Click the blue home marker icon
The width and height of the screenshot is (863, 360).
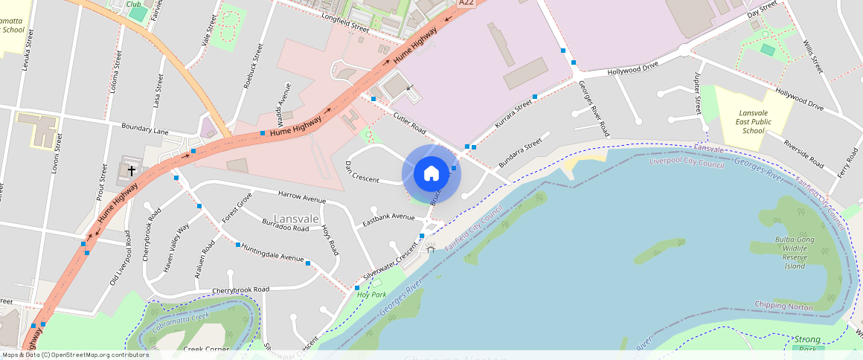point(431,173)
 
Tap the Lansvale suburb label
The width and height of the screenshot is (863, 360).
point(296,219)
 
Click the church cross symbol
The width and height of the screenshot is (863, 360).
point(132,171)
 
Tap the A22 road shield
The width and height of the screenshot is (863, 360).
point(466,3)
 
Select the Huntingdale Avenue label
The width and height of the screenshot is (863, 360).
point(273,254)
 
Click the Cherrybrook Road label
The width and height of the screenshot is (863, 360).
point(240,289)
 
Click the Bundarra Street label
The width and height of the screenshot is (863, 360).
point(522,153)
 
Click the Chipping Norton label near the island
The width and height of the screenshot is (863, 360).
point(782,305)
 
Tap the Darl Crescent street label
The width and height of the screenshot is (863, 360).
point(362,172)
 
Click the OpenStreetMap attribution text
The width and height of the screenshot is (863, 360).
point(74,355)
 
